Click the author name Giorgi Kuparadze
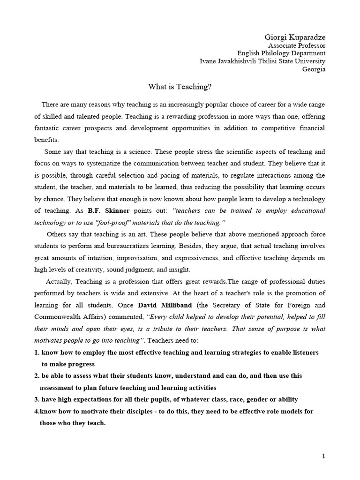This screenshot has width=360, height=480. (295, 37)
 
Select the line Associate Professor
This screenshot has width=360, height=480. (296, 45)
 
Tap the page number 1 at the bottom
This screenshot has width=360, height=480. (323, 456)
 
